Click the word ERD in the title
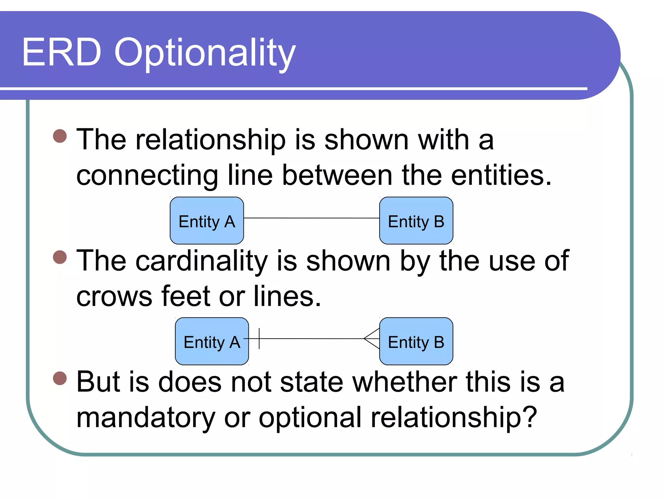coord(62,52)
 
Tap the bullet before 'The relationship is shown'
coord(60,136)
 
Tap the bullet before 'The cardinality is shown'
coord(60,257)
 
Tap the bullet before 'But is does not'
coord(60,378)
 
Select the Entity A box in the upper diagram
coord(207,221)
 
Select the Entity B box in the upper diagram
coord(416,221)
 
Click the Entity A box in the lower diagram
coord(212,341)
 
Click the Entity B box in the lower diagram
coord(416,341)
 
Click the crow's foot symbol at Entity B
coord(372,339)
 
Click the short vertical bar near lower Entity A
coord(259,339)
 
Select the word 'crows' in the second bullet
coord(114,297)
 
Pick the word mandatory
coord(145,418)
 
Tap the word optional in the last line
coord(310,418)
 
